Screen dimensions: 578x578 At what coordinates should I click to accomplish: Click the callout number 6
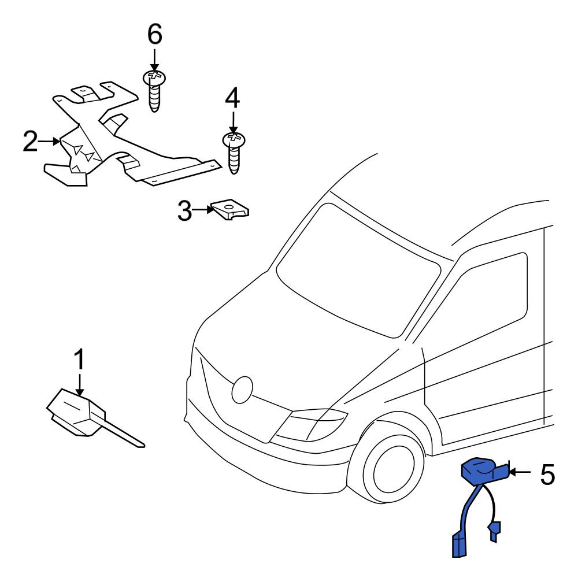pyautogui.click(x=154, y=35)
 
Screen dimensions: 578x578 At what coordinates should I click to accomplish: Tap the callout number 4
pyautogui.click(x=232, y=98)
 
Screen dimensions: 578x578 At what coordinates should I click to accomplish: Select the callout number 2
pyautogui.click(x=30, y=142)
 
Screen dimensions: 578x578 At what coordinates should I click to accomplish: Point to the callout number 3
pyautogui.click(x=185, y=210)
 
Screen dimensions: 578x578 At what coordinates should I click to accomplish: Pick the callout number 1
pyautogui.click(x=80, y=360)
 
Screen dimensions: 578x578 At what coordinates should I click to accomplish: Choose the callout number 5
pyautogui.click(x=547, y=475)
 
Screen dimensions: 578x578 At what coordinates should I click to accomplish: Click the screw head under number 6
pyautogui.click(x=154, y=77)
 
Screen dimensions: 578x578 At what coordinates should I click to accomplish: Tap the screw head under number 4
pyautogui.click(x=234, y=140)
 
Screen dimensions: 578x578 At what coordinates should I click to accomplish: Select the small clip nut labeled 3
pyautogui.click(x=229, y=210)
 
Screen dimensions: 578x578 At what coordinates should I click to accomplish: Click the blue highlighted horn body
pyautogui.click(x=484, y=472)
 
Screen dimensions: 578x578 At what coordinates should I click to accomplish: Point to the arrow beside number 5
pyautogui.click(x=520, y=472)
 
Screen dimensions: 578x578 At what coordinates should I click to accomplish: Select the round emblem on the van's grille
pyautogui.click(x=242, y=390)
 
